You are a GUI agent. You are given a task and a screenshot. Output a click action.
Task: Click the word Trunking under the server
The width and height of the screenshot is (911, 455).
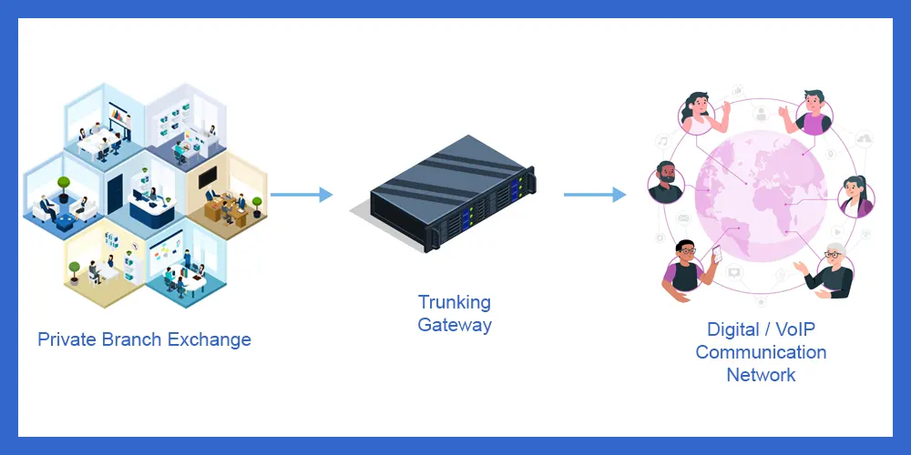(x=454, y=302)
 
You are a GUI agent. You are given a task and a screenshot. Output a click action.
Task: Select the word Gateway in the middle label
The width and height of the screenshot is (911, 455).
(x=454, y=324)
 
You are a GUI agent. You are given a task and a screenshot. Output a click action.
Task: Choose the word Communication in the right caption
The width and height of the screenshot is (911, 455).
(x=761, y=352)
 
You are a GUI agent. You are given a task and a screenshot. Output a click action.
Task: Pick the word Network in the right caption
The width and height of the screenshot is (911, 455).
(x=761, y=374)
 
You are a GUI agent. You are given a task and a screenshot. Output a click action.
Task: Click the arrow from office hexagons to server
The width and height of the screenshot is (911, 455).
(x=301, y=194)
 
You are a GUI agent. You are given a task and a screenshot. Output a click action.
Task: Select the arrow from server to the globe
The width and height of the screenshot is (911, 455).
(x=594, y=194)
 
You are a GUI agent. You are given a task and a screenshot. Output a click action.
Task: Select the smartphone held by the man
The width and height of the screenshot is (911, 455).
(x=716, y=254)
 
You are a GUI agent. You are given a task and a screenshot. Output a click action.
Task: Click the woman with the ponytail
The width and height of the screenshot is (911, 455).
(x=855, y=197)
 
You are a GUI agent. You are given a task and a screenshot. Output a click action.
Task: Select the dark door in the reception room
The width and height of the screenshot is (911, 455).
(x=115, y=194)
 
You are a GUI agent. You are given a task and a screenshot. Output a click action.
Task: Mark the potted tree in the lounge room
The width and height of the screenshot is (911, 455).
(x=63, y=187)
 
